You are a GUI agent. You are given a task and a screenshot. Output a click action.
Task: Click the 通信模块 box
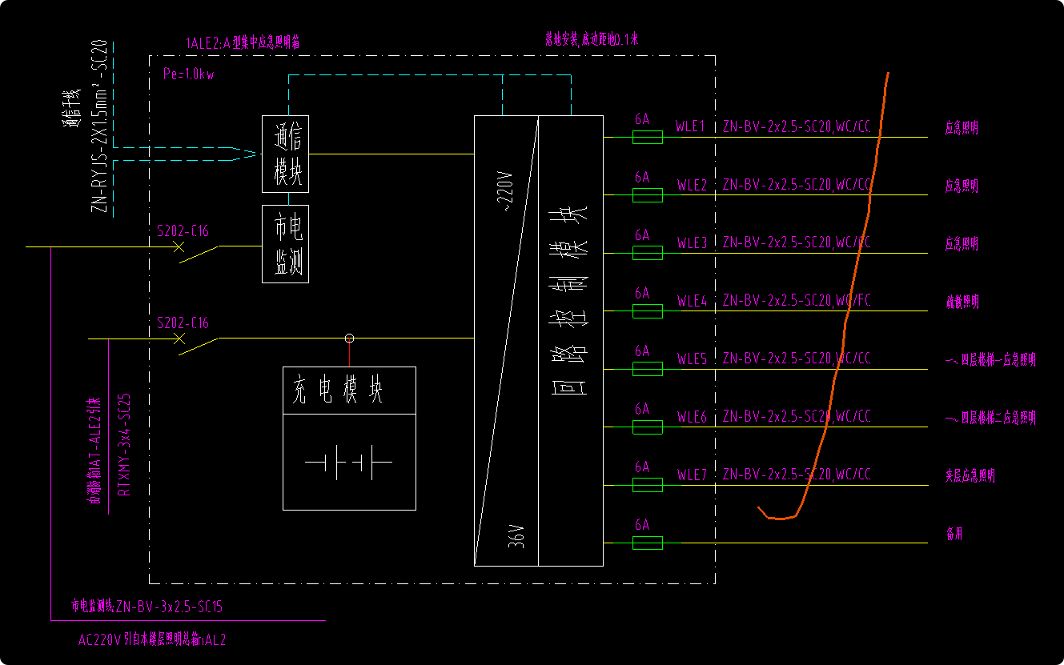coord(286,154)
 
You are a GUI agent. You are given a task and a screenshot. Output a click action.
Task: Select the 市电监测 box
coord(286,244)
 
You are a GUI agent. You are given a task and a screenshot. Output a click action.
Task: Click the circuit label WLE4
coord(692,301)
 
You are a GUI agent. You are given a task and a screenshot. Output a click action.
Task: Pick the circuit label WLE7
coord(692,475)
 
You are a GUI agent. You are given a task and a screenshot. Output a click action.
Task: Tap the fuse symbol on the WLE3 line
coord(647,254)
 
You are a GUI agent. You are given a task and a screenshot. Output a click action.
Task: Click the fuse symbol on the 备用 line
coord(647,543)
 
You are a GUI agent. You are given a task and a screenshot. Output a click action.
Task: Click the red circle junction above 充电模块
coord(349,339)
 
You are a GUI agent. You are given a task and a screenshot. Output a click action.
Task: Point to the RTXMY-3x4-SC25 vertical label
coord(124,445)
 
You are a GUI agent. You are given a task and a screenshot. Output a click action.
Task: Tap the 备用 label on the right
coord(954,535)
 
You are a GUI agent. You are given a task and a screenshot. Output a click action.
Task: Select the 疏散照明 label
coord(962,302)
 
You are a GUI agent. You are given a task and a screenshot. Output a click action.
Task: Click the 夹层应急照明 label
coord(970,476)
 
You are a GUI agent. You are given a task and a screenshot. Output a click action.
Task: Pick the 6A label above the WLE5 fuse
coord(642,351)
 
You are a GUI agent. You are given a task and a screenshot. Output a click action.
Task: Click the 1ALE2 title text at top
coord(243,42)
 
